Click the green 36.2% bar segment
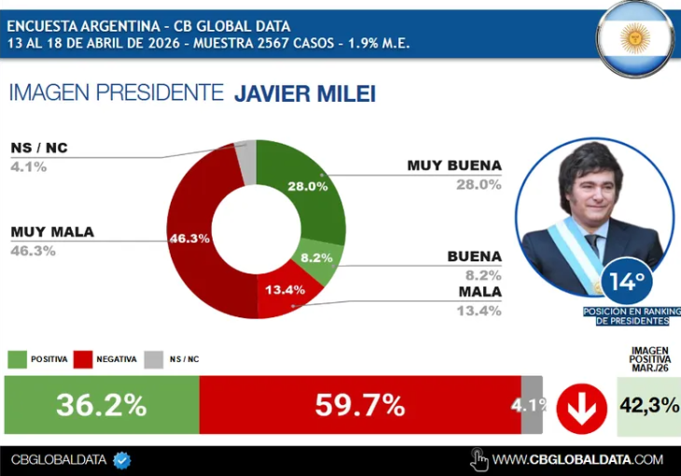[102, 405]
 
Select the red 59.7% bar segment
[359, 405]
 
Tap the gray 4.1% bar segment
[532, 405]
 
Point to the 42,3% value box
[648, 407]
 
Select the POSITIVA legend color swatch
[18, 359]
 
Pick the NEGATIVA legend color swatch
[83, 359]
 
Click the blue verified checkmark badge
[121, 459]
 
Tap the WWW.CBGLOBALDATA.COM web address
[577, 459]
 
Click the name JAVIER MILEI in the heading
[304, 93]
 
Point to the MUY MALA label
[52, 232]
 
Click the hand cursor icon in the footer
[479, 458]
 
